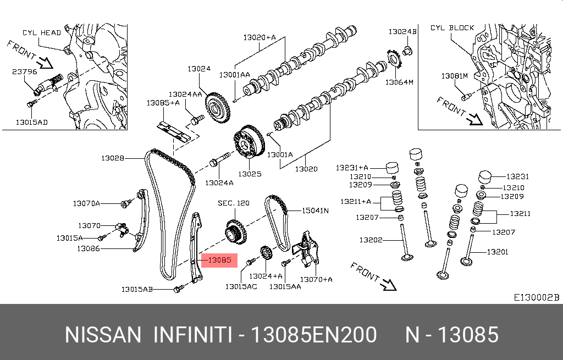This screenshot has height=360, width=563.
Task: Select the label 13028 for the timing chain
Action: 112,158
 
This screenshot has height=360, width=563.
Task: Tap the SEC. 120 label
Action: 233,203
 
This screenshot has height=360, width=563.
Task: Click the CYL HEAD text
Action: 42,33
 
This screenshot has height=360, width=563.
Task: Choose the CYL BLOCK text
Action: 452,27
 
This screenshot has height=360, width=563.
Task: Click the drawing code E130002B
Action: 536,297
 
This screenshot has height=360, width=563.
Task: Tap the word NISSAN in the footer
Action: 103,335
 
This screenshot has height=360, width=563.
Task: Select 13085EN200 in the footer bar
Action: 313,335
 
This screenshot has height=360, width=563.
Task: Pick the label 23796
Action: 24,71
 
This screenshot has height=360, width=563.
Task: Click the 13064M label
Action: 399,82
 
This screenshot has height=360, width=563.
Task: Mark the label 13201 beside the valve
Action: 498,252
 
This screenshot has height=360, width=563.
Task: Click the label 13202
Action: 372,240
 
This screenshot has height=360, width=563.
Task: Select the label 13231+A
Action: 352,167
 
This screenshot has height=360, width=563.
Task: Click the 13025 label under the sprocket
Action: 250,174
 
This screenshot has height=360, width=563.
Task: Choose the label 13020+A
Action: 260,38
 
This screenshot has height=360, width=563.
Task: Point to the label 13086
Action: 88,248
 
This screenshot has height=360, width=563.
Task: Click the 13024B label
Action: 402,32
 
